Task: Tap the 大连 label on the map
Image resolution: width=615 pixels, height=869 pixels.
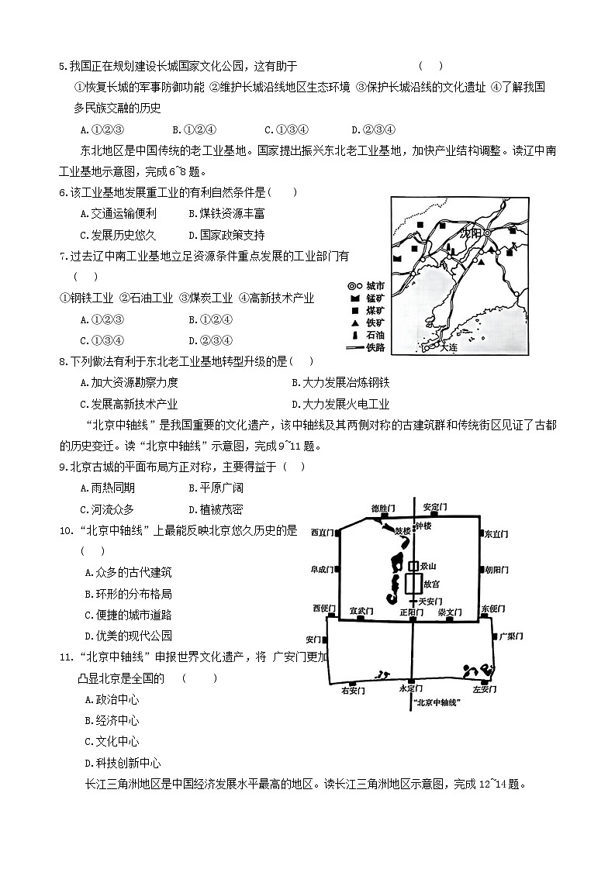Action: click(x=449, y=348)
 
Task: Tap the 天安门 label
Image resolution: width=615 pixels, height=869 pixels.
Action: click(x=430, y=601)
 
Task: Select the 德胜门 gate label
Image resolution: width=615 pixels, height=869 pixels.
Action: click(x=383, y=508)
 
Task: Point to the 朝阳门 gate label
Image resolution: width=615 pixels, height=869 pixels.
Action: click(x=496, y=570)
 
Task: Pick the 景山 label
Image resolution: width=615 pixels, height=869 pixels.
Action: click(x=428, y=567)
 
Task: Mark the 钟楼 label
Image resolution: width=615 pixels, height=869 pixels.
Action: click(x=423, y=526)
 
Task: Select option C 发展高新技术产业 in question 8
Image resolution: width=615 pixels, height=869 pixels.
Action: click(x=129, y=404)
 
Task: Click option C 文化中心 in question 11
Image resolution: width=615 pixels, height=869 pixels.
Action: click(x=112, y=741)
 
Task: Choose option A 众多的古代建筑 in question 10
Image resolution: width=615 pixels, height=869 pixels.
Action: click(x=128, y=572)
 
